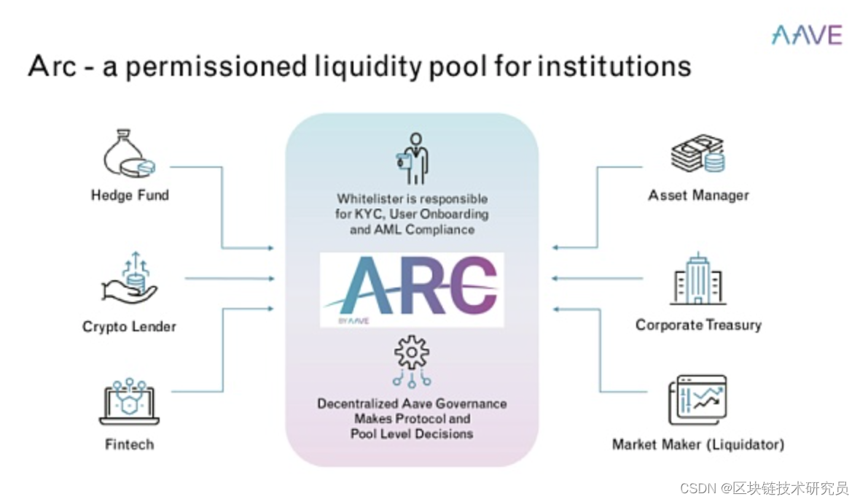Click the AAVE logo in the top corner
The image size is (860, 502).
click(807, 35)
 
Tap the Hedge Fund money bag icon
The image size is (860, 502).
click(129, 155)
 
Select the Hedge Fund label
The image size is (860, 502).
click(130, 195)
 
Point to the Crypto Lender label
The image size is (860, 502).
click(129, 326)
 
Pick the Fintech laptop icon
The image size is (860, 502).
click(129, 402)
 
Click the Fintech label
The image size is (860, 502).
click(129, 444)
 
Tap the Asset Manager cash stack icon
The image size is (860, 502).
click(697, 154)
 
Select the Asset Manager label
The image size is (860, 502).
click(698, 195)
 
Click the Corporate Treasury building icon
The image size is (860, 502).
click(698, 280)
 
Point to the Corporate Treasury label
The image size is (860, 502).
click(698, 325)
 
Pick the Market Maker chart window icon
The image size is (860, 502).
click(698, 401)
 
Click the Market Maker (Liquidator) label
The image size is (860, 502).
click(698, 444)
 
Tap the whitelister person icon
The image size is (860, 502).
click(412, 158)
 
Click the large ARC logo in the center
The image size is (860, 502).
click(412, 289)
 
